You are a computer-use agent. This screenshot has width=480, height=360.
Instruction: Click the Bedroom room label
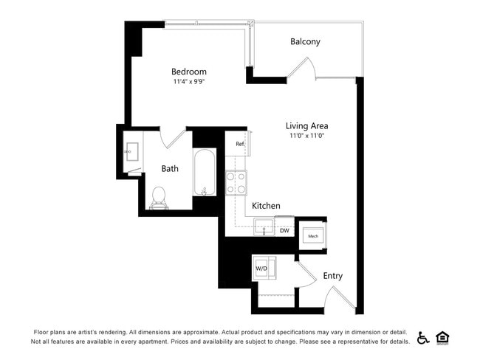[188, 72]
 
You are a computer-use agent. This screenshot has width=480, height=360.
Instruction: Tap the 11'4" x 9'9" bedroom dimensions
[188, 82]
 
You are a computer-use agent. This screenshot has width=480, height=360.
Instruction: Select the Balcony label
[305, 42]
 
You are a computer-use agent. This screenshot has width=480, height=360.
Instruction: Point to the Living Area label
[307, 125]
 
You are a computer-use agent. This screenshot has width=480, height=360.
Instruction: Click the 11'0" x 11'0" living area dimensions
[307, 136]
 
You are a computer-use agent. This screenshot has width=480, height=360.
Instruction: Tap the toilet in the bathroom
[158, 196]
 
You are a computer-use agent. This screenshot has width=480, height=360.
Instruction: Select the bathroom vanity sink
[132, 153]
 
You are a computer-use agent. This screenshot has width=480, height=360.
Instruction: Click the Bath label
[170, 169]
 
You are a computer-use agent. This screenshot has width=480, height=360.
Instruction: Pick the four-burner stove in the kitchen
[236, 182]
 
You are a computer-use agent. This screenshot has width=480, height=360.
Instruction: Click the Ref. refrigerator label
[240, 144]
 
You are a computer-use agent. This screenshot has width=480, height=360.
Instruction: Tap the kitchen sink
[264, 227]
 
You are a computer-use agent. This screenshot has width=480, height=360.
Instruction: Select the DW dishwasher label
[284, 231]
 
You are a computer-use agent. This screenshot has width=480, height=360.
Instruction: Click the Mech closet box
[312, 236]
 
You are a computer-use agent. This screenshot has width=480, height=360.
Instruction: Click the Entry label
[332, 276]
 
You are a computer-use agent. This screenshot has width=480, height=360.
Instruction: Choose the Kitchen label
[266, 206]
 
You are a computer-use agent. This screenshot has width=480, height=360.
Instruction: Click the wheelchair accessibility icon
[423, 337]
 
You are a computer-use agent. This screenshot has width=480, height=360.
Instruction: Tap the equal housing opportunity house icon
[443, 337]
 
